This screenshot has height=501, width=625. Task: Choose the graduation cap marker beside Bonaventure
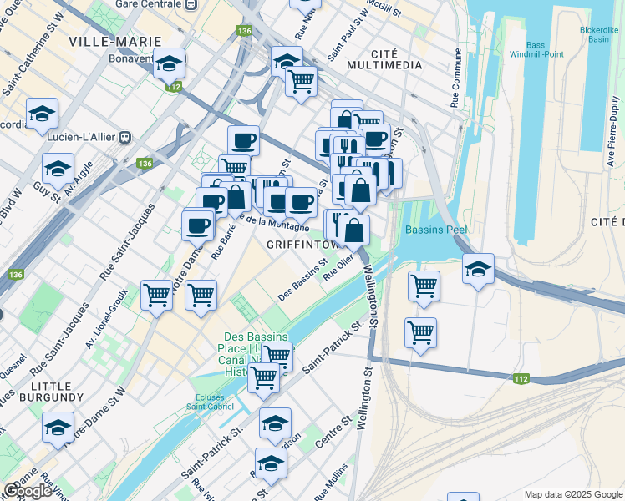point(170,64)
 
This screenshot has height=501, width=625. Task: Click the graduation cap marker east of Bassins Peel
point(478,270)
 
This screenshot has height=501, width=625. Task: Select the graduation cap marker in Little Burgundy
point(58,428)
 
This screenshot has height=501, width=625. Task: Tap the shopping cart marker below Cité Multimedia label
point(301,82)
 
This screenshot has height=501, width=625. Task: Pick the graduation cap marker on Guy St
point(58,169)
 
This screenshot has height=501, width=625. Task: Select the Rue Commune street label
point(456,78)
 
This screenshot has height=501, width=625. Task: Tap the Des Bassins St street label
point(302,283)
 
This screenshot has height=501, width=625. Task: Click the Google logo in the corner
point(28,491)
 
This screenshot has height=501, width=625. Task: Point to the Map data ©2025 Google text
point(572,494)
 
